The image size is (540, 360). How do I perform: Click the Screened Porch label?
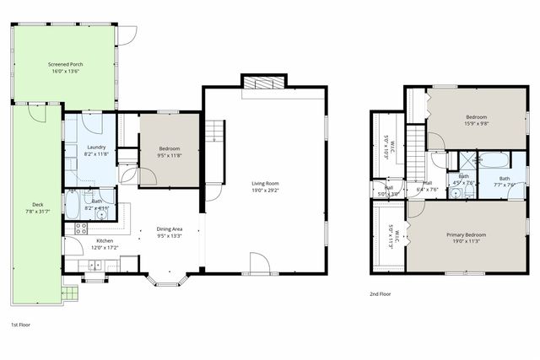[x=65, y=64]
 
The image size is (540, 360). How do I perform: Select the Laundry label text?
[x=96, y=148]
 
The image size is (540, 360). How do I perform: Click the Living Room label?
[x=265, y=183]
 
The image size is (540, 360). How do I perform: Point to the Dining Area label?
[x=170, y=228]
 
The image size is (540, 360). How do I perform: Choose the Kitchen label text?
[x=105, y=240]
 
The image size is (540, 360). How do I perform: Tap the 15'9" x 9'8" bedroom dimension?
[x=478, y=124]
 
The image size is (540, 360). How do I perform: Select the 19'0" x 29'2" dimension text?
[x=265, y=191]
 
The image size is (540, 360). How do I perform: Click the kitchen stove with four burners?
[x=82, y=227]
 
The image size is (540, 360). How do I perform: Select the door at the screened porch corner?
[x=127, y=35]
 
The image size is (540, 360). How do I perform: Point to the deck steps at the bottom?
[x=69, y=295]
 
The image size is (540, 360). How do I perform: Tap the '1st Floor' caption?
[x=22, y=324]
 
